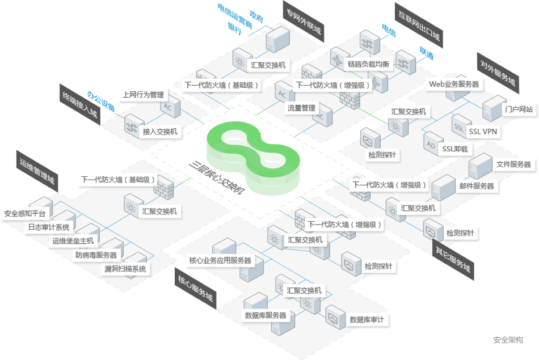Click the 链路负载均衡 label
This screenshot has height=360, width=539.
(369, 64)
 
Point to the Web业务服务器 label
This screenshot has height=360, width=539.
(453, 84)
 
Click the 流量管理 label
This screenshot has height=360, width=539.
(301, 107)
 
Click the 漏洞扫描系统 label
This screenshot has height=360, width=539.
(125, 269)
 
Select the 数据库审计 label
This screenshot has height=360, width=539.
(367, 320)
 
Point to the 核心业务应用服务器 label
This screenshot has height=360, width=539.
(220, 261)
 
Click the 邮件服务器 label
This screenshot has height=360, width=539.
(476, 186)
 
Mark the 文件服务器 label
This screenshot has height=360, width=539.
(513, 164)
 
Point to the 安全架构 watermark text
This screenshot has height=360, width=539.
(507, 340)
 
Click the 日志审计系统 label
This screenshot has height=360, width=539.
(49, 227)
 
